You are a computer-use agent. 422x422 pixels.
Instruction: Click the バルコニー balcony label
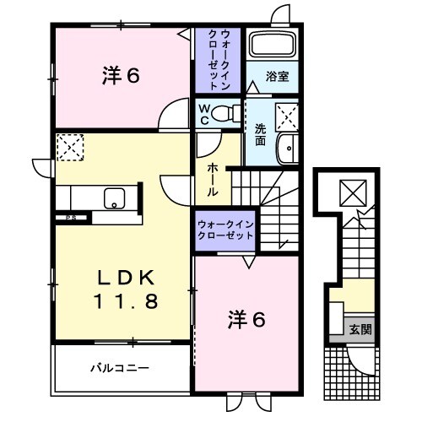tap(120, 368)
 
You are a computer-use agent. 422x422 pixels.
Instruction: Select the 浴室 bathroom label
tap(278, 77)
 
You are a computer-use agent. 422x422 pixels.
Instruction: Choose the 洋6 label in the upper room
tap(122, 76)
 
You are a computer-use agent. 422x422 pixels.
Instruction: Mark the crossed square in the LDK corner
tap(68, 146)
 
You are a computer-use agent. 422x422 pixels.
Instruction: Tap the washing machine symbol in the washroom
tap(286, 112)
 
